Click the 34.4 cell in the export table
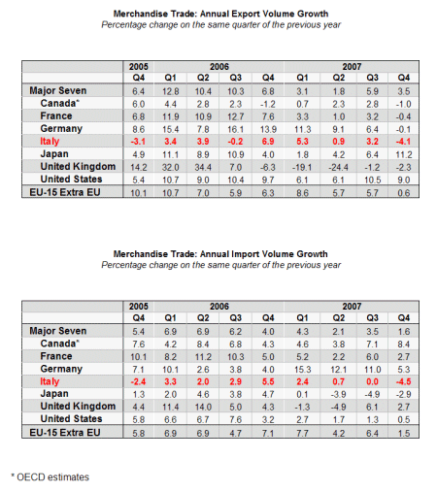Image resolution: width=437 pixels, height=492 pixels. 203,167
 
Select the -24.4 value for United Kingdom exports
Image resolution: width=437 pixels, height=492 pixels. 338,167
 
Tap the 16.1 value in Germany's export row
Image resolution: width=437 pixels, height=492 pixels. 235,129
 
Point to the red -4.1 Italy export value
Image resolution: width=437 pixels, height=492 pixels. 403,142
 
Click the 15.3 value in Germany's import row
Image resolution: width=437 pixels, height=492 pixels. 302,370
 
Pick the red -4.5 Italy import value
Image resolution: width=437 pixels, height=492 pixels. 403,381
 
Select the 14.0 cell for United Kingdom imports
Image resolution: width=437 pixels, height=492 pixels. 203,407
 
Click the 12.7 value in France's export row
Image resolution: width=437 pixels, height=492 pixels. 235,116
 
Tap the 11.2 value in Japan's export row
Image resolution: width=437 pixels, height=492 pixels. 404,154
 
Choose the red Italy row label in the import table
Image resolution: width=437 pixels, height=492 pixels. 50,381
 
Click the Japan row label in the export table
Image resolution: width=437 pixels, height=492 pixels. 54,154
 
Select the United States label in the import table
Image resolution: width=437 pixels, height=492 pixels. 71,419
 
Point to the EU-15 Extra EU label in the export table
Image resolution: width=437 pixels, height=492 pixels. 65,192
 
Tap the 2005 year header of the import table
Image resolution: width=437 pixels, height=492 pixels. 139,307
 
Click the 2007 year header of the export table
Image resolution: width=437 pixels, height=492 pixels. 352,67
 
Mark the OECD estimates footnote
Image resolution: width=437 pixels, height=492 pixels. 50,477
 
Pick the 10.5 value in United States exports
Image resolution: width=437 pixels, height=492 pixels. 372,180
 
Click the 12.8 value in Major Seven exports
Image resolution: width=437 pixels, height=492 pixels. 171,91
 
